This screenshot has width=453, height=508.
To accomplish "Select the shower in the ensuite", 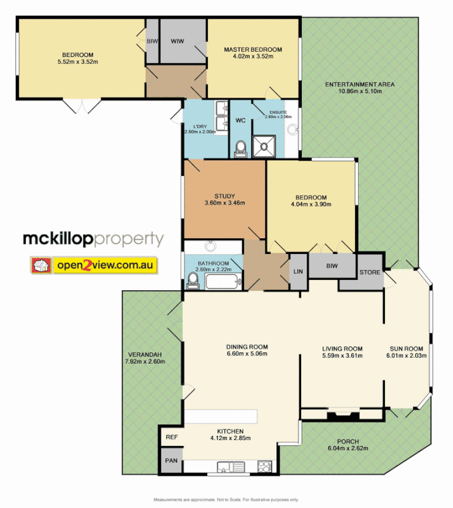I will click(264, 147).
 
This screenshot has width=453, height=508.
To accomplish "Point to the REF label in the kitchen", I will click(172, 438).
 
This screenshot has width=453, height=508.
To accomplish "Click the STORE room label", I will click(370, 273).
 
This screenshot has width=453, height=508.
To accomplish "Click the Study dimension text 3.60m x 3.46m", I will click(224, 203).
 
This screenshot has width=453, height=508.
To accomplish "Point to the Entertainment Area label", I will click(360, 84).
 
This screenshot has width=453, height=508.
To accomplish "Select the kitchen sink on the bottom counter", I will click(230, 468).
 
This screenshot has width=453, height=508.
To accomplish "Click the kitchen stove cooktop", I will click(263, 468).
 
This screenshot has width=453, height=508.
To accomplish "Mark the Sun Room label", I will click(406, 349).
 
